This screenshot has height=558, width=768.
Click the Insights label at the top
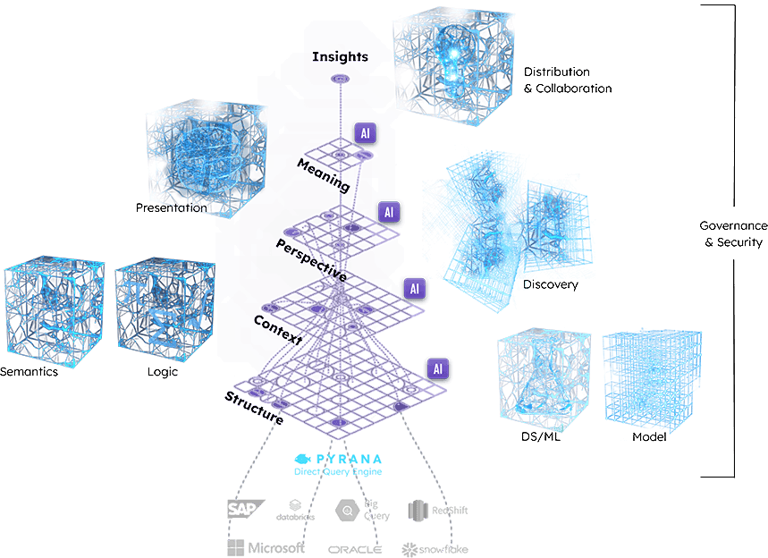340,57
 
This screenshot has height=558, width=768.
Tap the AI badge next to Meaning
366,133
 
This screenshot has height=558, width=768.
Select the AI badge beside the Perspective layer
389,212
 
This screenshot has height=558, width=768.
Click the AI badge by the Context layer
414,289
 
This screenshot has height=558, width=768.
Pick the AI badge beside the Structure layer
438,369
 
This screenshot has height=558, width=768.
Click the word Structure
254,408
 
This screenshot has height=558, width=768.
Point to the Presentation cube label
172,207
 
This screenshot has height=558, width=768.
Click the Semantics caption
29,371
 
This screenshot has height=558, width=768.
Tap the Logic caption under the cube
163,372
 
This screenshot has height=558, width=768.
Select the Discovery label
551,284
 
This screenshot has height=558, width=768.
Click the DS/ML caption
541,436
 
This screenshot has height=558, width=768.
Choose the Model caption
649,437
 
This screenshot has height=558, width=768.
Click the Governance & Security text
733,233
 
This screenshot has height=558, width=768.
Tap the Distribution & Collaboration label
568,80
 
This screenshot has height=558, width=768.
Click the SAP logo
246,509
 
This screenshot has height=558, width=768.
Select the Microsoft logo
266,547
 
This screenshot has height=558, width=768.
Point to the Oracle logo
355,550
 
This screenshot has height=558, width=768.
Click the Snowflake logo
435,550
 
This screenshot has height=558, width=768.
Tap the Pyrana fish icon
303,459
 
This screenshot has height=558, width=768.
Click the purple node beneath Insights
340,79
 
